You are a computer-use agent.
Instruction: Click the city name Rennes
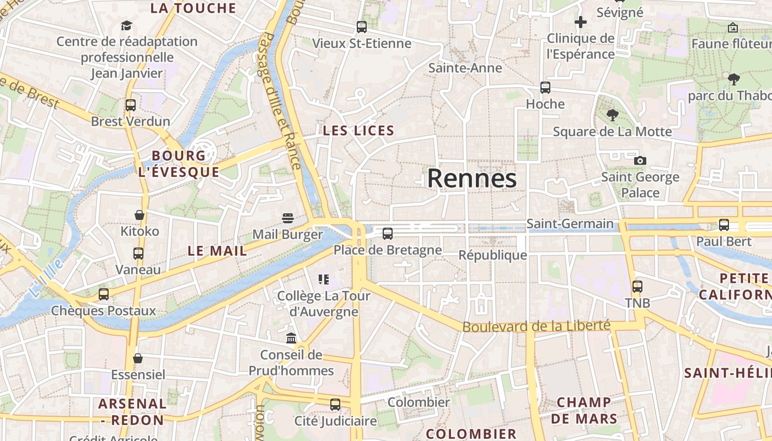(472, 179)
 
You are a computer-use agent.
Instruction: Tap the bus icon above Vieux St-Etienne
(362, 26)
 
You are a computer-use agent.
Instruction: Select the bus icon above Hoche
(545, 87)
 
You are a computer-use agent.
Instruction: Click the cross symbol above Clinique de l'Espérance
(580, 22)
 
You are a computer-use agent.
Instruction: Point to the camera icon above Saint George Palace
(640, 160)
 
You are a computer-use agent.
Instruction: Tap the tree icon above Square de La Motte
(612, 115)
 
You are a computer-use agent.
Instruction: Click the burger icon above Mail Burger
(287, 218)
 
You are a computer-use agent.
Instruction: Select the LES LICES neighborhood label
(358, 131)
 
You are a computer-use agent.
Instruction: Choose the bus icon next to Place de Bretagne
(388, 234)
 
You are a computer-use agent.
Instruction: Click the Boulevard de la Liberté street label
(536, 326)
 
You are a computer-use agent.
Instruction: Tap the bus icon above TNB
(637, 287)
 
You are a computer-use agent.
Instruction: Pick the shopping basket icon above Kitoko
(140, 214)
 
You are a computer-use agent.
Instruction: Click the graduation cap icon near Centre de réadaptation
(127, 25)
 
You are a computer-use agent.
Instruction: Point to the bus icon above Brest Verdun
(131, 105)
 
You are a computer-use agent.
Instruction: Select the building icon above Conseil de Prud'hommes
(291, 338)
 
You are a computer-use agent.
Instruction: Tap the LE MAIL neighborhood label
(217, 251)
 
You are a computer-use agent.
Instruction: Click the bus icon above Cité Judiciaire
(335, 405)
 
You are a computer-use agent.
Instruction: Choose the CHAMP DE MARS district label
(583, 410)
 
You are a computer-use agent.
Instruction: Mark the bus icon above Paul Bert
(723, 225)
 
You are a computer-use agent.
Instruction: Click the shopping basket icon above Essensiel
(138, 358)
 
